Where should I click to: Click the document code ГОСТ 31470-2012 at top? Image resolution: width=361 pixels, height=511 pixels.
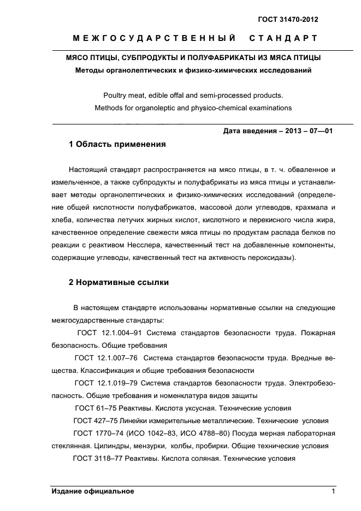pyautogui.click(x=288, y=20)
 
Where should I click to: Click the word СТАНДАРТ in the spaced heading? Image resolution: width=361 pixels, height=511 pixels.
pyautogui.click(x=283, y=39)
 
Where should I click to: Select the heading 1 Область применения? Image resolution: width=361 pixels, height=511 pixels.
pyautogui.click(x=116, y=145)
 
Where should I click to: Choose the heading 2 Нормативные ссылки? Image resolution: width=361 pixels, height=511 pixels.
pyautogui.click(x=119, y=282)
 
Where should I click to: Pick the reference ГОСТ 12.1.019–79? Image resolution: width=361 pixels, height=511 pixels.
pyautogui.click(x=108, y=383)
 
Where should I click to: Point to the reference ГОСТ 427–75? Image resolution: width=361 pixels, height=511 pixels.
pyautogui.click(x=99, y=420)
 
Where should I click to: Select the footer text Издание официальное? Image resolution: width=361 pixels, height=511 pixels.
pyautogui.click(x=93, y=491)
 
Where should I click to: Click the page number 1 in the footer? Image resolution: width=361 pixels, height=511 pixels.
pyautogui.click(x=333, y=491)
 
